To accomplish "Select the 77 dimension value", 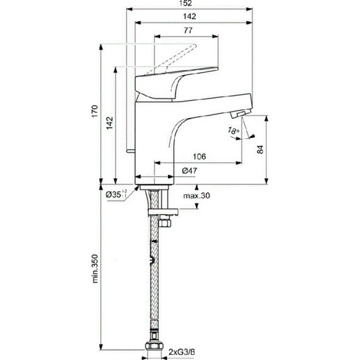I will tap(188, 31).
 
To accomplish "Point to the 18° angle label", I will tap(234, 132).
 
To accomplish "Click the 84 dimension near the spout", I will tap(276, 150).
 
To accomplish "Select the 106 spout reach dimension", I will tap(198, 157).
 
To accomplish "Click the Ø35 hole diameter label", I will tap(116, 194).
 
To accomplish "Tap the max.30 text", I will tap(196, 195).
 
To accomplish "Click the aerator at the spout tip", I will tap(241, 114).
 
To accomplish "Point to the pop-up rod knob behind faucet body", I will tap(129, 152).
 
